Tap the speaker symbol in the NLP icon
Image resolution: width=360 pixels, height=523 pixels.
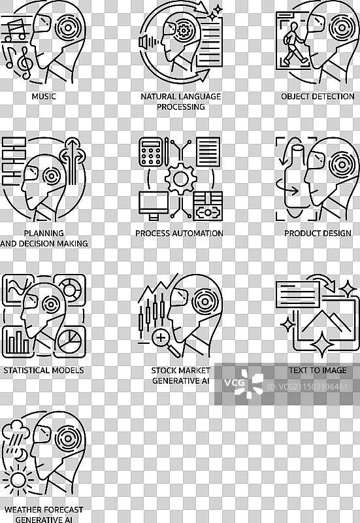point(144,42)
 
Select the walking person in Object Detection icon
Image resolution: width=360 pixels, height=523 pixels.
point(294,42)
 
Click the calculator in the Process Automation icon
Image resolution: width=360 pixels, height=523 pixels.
point(150,152)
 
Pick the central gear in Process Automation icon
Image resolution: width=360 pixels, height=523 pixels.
point(180,178)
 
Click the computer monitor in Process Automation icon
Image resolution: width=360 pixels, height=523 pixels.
point(154,205)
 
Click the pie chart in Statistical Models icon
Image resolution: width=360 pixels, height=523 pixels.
point(69,341)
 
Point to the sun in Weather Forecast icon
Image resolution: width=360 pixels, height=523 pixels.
point(18,480)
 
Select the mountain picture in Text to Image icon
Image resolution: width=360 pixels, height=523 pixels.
point(325,321)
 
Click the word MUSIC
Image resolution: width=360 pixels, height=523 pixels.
point(44,96)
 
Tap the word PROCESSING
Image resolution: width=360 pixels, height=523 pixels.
point(181,107)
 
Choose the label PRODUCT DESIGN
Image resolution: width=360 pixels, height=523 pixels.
point(318,233)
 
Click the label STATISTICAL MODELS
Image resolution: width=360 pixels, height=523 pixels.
point(44,370)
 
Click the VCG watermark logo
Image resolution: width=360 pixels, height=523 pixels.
point(244,383)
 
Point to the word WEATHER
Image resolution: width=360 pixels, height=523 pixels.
point(23,510)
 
